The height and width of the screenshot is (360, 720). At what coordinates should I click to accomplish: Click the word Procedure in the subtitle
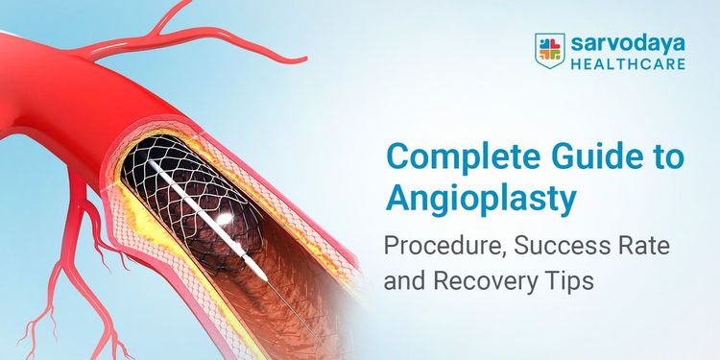(x=431, y=246)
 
